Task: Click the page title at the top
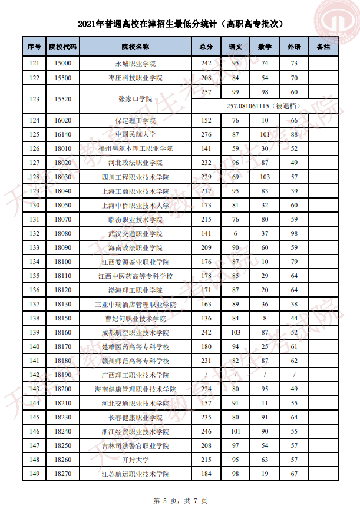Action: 180,24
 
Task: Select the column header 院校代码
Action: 62,46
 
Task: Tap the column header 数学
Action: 265,46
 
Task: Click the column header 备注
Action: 323,46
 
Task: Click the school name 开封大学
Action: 135,460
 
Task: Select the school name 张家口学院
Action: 135,99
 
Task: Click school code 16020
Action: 62,120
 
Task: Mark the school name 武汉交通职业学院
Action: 135,233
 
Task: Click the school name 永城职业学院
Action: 135,64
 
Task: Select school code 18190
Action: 62,375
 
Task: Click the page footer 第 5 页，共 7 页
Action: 180,500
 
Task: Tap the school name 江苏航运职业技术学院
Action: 135,474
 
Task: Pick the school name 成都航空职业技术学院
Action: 135,332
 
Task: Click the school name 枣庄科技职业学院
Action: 135,78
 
